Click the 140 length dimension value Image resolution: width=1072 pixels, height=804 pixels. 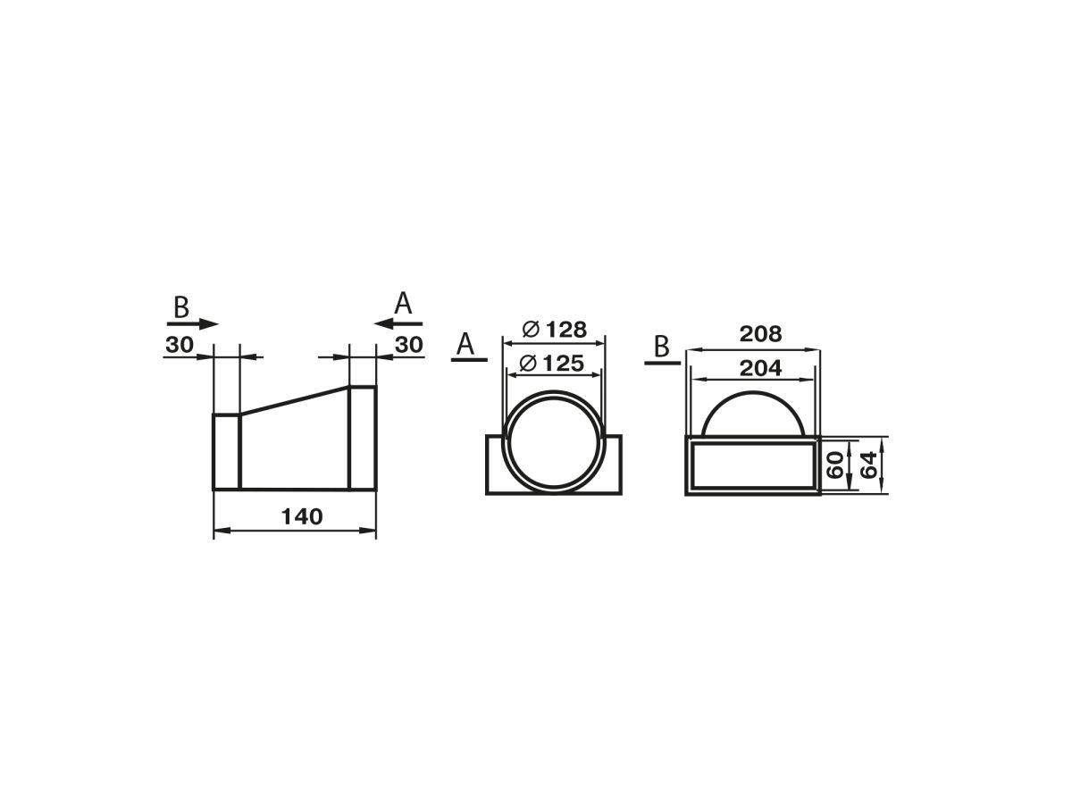(x=302, y=516)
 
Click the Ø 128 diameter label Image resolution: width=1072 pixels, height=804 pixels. (x=554, y=330)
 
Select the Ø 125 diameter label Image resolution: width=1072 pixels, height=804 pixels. (x=551, y=364)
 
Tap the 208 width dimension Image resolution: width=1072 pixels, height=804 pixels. (x=760, y=334)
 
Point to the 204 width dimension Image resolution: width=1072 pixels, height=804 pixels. (x=760, y=367)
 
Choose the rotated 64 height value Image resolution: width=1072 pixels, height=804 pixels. (x=868, y=465)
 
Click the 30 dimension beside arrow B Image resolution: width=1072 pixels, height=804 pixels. (x=180, y=345)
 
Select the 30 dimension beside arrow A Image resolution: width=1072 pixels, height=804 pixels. (x=409, y=345)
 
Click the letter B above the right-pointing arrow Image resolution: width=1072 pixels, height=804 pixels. (x=181, y=307)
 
